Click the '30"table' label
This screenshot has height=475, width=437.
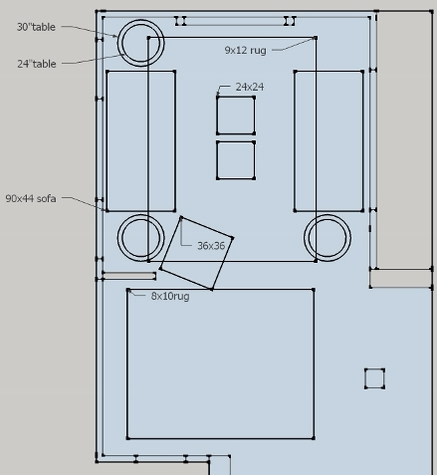click(36, 27)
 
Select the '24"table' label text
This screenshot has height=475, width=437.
click(37, 64)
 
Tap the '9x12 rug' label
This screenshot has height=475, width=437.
click(245, 50)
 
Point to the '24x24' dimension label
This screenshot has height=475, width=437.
click(250, 87)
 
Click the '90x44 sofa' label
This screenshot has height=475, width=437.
click(31, 198)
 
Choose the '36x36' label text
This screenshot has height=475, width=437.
click(211, 246)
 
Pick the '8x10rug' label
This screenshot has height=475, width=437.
click(170, 296)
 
